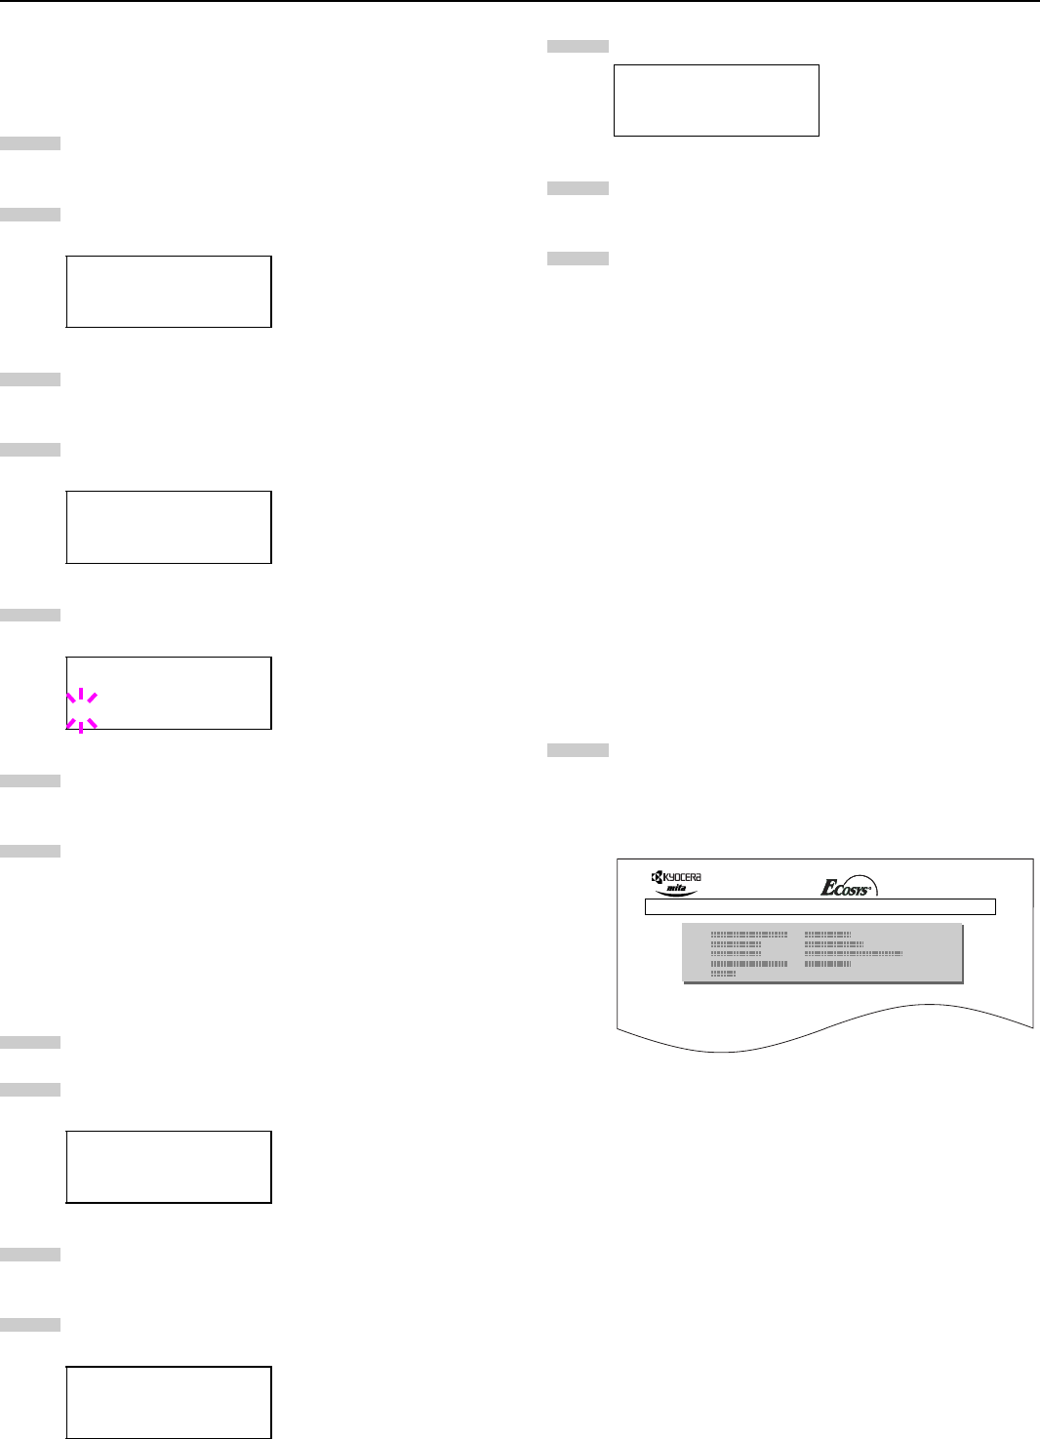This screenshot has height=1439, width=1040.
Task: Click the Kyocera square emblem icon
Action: [x=658, y=877]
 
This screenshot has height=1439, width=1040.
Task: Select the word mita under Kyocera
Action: [x=676, y=889]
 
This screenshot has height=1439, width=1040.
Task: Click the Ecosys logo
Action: [x=849, y=887]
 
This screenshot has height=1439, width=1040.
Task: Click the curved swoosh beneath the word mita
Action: [x=676, y=896]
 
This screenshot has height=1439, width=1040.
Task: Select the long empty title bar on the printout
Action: [x=820, y=907]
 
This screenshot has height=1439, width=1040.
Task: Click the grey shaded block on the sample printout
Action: [x=821, y=952]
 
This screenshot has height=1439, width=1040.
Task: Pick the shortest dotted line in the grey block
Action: [x=723, y=974]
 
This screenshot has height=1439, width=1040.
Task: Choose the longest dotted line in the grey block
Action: [x=854, y=953]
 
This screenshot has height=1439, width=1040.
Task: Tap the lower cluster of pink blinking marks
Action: [x=81, y=723]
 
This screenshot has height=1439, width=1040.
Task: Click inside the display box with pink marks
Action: [x=169, y=693]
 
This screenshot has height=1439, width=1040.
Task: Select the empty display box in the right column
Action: [x=716, y=100]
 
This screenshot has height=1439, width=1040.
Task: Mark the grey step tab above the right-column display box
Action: [x=578, y=46]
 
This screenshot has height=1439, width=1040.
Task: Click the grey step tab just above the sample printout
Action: [x=578, y=750]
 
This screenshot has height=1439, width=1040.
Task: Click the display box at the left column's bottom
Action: [x=169, y=1402]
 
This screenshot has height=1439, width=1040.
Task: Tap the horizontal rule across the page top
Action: [x=520, y=2]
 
